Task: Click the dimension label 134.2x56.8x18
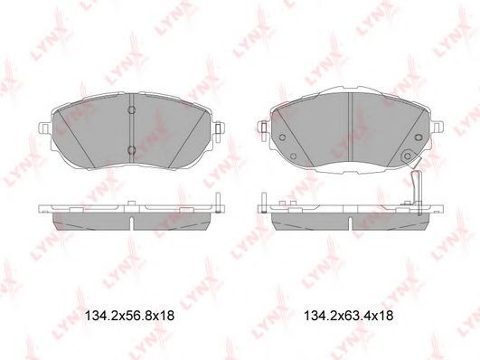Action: pos(129,316)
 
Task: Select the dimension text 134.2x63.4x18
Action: pos(349,316)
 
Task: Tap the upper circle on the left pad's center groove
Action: pos(132,109)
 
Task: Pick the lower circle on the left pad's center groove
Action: pos(132,150)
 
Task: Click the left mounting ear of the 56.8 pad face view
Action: pos(45,128)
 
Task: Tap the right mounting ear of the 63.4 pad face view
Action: pos(437,128)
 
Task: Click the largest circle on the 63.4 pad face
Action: pos(407,156)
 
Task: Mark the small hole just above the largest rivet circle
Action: pos(419,137)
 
